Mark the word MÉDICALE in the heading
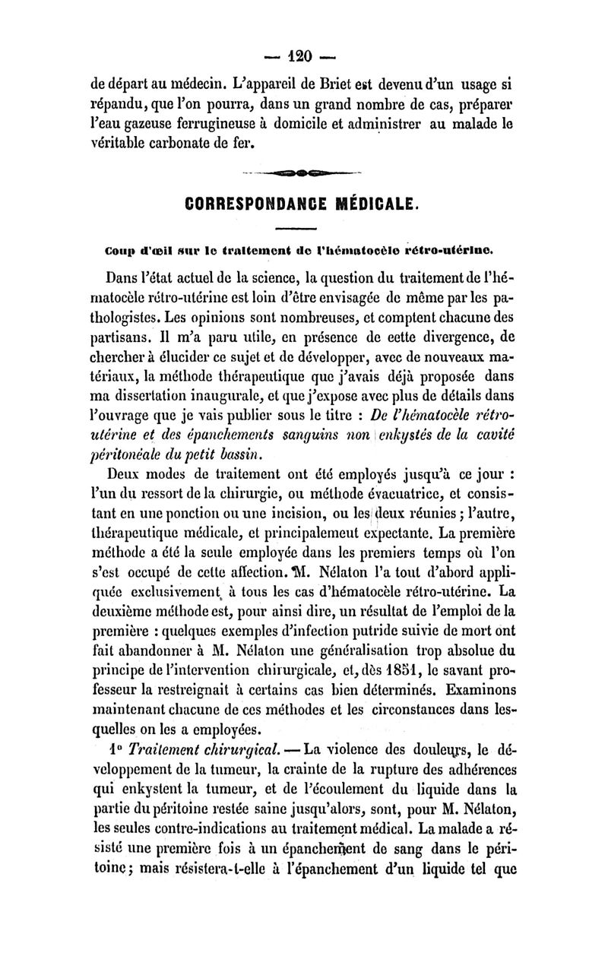pos(377,204)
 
